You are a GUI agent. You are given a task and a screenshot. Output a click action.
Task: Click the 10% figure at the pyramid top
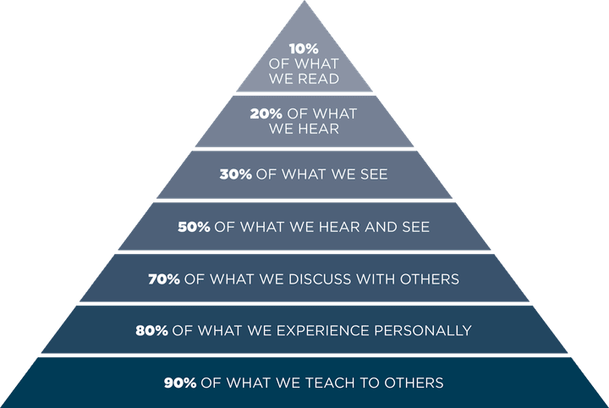(x=304, y=49)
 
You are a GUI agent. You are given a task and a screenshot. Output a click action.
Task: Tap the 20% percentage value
(x=268, y=113)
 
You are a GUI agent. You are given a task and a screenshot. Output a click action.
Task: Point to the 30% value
(x=236, y=175)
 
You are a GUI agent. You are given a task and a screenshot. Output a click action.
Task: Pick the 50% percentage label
(x=195, y=227)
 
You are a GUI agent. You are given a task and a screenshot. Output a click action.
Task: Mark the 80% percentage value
(x=152, y=330)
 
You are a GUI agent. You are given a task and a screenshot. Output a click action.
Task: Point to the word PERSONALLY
(x=427, y=330)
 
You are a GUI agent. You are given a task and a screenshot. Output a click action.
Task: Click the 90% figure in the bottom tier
(x=181, y=383)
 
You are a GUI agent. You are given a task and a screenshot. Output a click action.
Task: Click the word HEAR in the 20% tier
(x=318, y=130)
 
